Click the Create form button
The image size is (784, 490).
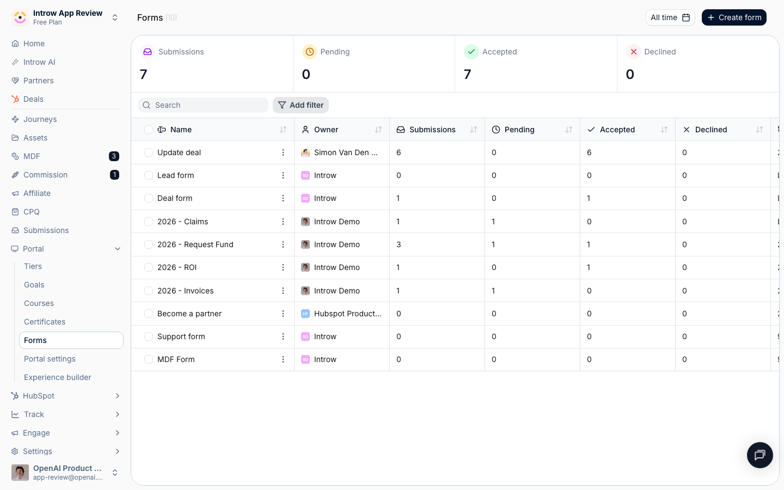point(734,17)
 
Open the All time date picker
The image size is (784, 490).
point(670,17)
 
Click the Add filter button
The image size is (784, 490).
point(301,105)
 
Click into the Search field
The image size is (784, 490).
point(203,105)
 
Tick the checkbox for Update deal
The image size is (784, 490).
point(149,152)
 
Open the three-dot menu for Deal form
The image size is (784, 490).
point(283,198)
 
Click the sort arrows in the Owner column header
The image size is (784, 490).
point(378,130)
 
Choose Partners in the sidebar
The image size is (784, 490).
point(39,81)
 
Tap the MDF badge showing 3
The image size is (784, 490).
point(114,156)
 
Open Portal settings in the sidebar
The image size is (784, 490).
point(50,359)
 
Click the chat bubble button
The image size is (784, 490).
point(760,455)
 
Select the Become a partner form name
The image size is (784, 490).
point(189,314)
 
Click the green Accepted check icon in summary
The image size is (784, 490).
point(471,52)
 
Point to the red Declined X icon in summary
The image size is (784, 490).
point(633,52)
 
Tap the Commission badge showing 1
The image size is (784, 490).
point(114,175)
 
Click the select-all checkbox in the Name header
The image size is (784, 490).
point(149,130)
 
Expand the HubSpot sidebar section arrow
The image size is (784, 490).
point(117,396)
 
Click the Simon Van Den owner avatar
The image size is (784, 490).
point(305,152)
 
